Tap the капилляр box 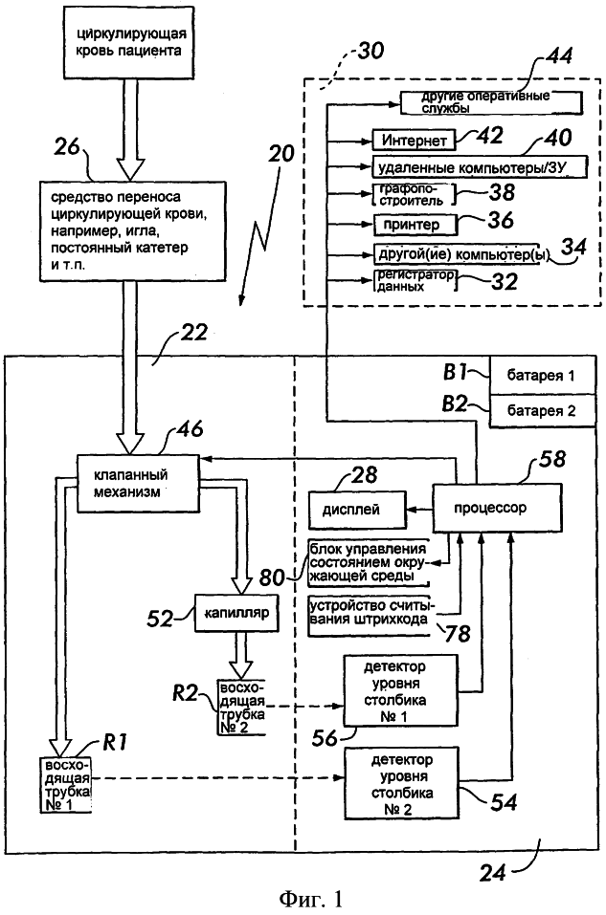pyautogui.click(x=236, y=614)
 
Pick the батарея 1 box pyautogui.click(x=544, y=375)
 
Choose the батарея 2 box pyautogui.click(x=544, y=412)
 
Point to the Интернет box pyautogui.click(x=410, y=141)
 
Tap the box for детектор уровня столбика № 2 pyautogui.click(x=402, y=783)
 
